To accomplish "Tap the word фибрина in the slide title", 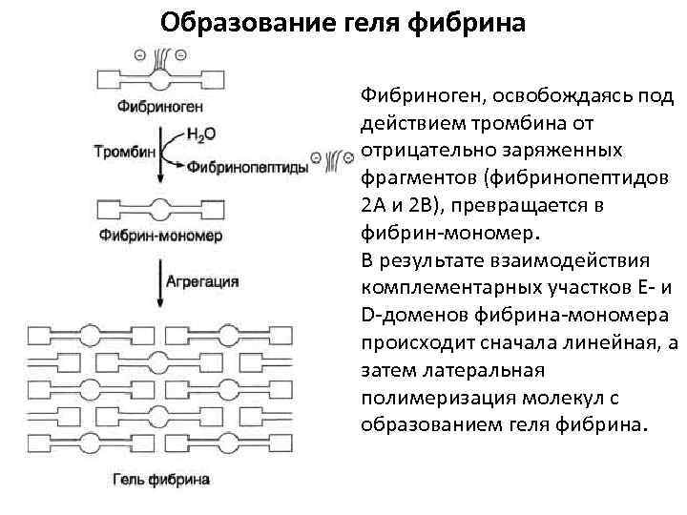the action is [x=473, y=21].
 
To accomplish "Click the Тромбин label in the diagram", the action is [x=119, y=150].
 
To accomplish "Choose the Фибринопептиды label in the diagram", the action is [x=247, y=166].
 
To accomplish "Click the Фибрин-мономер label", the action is [x=159, y=235].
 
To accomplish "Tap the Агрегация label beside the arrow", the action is [x=202, y=281].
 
